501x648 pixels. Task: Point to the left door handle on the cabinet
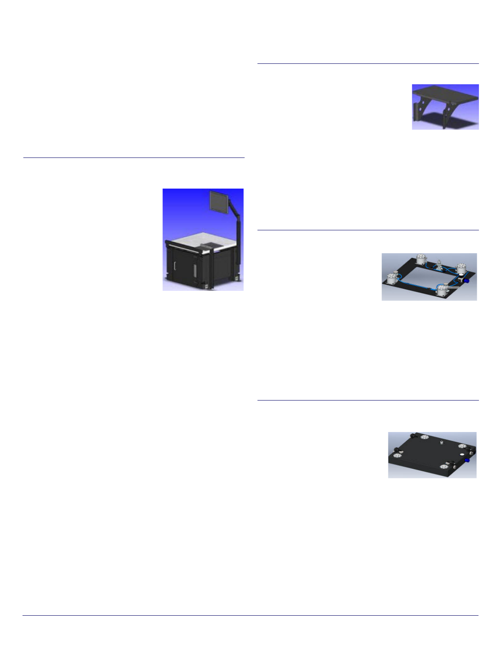[175, 265]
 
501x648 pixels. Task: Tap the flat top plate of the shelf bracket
[446, 93]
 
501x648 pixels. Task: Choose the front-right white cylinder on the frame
[442, 290]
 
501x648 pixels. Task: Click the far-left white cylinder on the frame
[392, 279]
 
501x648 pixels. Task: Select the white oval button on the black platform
[462, 454]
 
